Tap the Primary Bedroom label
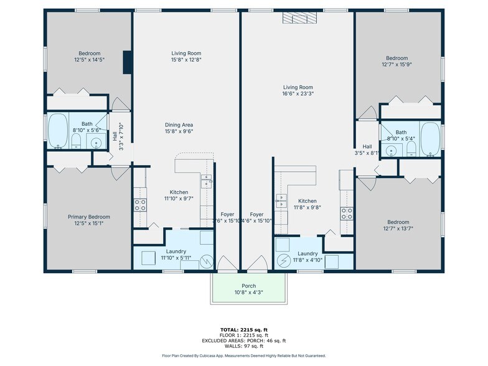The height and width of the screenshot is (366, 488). click(x=85, y=217)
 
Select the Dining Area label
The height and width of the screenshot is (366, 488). click(x=179, y=125)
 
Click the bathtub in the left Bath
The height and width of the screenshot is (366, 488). click(x=58, y=132)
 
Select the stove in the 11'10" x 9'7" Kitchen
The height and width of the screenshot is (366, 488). click(x=141, y=205)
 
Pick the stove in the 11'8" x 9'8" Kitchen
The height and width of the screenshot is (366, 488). click(x=346, y=213)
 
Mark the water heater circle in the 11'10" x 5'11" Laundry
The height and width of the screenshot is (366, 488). click(x=207, y=262)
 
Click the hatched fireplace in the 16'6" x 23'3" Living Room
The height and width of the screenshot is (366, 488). click(x=299, y=18)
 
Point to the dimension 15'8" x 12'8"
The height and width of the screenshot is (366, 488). click(x=187, y=60)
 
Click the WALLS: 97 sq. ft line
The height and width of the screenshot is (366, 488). click(x=244, y=348)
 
